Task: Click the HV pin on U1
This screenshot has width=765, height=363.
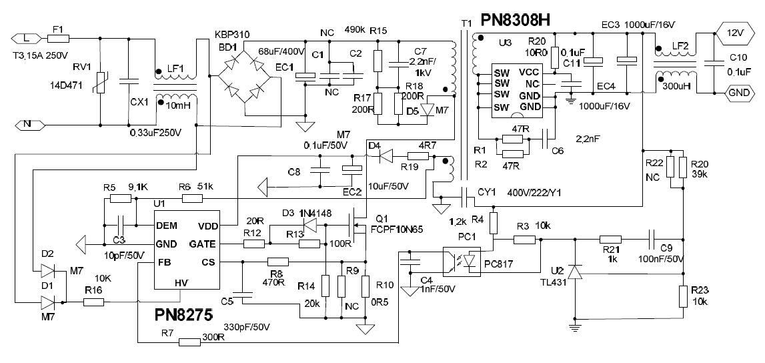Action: (x=181, y=283)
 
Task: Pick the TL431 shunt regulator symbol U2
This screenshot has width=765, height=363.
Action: (x=573, y=272)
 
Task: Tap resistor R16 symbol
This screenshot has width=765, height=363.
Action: (x=94, y=302)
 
